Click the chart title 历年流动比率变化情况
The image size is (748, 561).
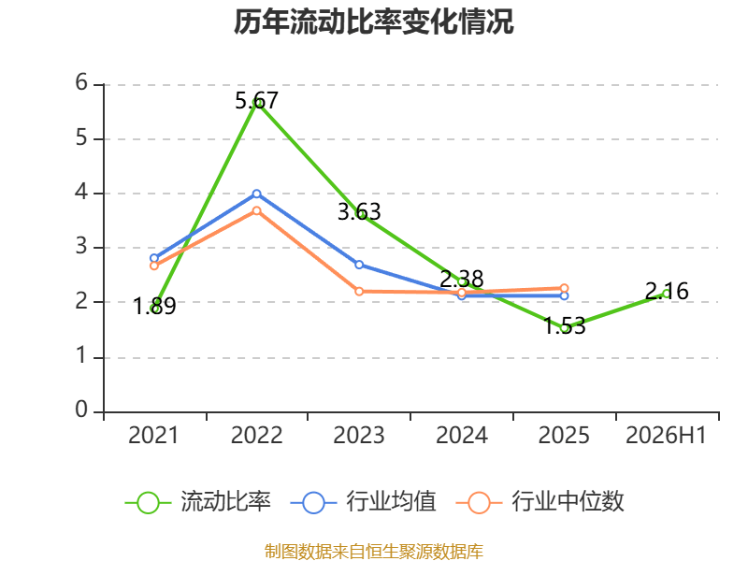point(373,22)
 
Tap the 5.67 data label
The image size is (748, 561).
point(256,101)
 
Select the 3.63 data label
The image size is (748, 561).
point(359,212)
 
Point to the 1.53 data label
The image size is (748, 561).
point(565,326)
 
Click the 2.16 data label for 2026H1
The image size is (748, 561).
point(667,291)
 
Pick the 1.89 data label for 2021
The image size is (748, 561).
point(154,306)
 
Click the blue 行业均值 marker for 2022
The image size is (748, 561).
point(256,194)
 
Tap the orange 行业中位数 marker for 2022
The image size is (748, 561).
point(256,210)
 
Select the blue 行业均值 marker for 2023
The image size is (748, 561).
point(359,265)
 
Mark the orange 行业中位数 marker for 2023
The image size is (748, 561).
point(359,291)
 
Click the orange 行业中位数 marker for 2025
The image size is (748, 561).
point(564,288)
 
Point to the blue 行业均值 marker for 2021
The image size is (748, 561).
point(154,258)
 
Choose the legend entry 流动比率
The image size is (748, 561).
point(198,502)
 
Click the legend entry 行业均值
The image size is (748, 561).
point(363,502)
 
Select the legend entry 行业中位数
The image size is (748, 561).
point(539,502)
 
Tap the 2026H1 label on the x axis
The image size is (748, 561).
point(666,436)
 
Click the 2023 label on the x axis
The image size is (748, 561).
point(359,436)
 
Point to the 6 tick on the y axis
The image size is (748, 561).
point(81,83)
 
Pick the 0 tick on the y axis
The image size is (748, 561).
point(81,410)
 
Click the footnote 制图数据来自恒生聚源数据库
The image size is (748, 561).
point(373,552)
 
